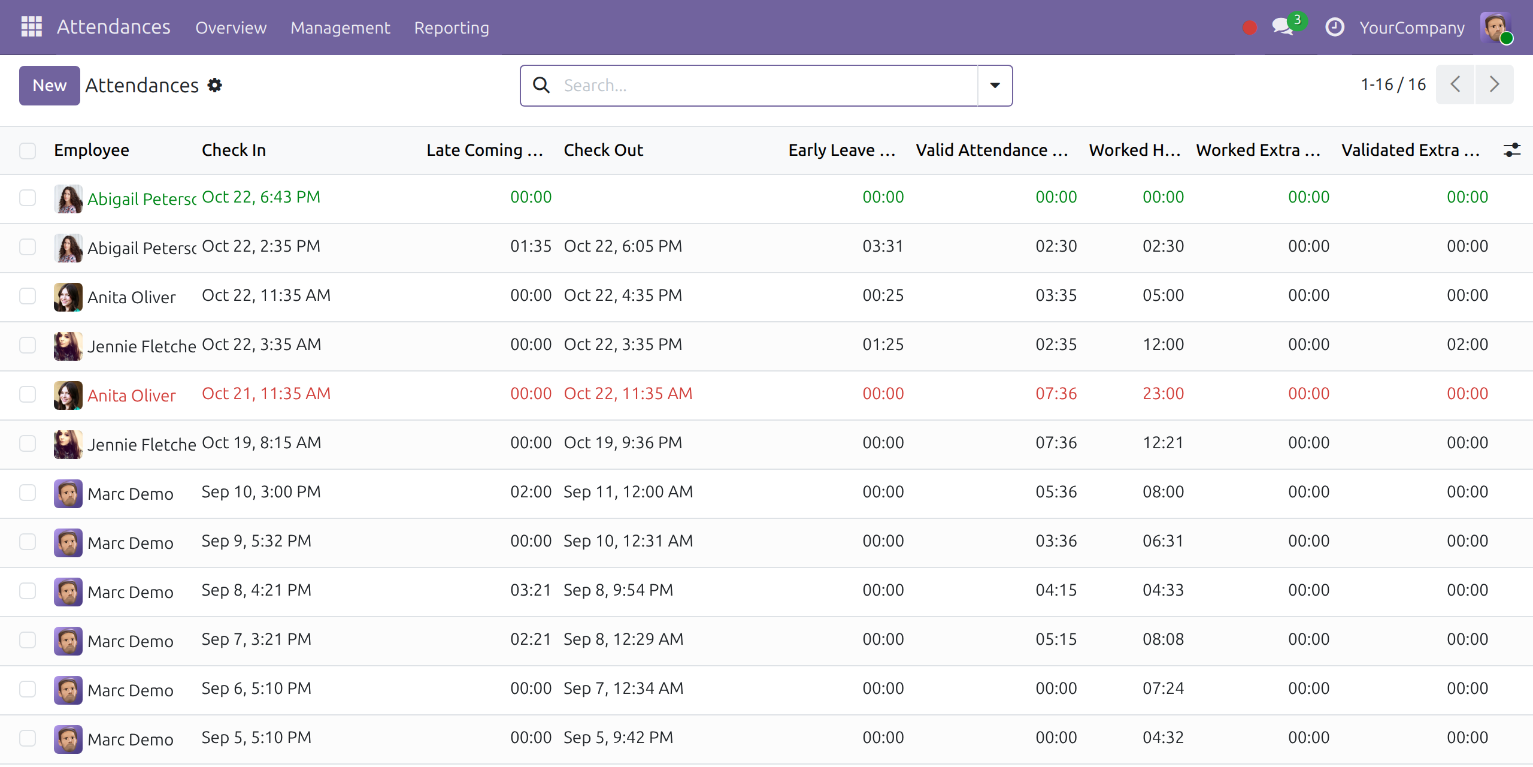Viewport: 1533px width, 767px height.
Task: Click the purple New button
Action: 50,86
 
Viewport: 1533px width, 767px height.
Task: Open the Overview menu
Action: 231,28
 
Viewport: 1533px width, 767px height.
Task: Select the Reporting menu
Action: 452,28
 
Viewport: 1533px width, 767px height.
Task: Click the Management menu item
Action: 340,28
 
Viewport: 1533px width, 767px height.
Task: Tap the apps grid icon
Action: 32,27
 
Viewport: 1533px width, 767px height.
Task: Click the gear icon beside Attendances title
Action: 215,85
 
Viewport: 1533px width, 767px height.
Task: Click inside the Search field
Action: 766,86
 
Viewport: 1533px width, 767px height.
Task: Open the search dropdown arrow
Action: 995,86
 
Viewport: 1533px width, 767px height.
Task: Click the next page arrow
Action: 1495,84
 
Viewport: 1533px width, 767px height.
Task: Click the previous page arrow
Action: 1455,84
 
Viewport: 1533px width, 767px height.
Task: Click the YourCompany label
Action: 1412,28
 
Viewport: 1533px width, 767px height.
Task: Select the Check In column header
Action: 234,150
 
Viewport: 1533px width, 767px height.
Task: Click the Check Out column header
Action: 604,150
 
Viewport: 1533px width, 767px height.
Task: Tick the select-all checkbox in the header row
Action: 28,150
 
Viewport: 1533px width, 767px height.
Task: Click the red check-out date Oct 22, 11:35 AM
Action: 628,394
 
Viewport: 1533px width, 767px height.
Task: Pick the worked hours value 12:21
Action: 1164,443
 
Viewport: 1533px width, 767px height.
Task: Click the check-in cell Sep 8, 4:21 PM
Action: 256,590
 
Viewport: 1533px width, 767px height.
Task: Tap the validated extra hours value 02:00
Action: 1468,345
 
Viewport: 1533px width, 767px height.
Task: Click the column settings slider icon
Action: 1512,150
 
